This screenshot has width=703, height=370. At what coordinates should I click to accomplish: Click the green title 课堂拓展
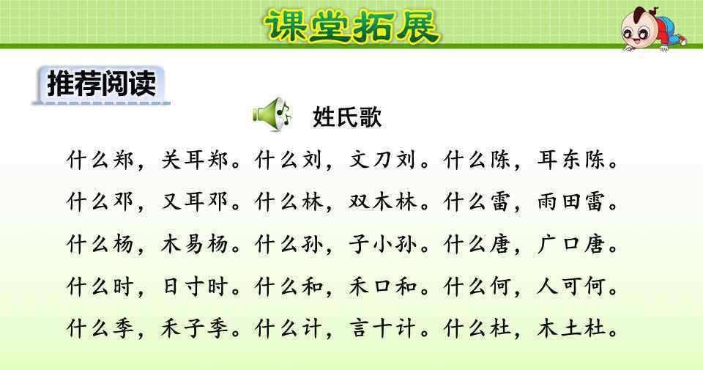click(x=352, y=26)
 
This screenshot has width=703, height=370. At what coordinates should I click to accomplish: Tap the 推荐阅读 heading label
click(x=101, y=84)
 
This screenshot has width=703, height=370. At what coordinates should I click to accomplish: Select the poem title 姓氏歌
click(x=347, y=117)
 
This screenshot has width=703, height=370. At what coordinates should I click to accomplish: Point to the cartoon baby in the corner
click(x=652, y=29)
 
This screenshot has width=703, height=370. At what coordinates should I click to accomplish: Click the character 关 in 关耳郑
click(x=171, y=160)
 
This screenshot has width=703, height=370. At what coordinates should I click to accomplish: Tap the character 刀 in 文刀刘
click(x=382, y=160)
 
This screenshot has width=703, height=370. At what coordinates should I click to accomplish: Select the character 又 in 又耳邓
click(x=171, y=201)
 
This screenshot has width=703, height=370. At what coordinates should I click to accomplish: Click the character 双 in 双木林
click(x=359, y=201)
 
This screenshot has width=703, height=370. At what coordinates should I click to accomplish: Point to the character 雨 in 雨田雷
click(x=548, y=201)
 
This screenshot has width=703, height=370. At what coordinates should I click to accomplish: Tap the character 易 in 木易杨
click(x=194, y=245)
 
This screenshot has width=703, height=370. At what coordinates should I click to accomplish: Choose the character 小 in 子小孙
click(x=382, y=245)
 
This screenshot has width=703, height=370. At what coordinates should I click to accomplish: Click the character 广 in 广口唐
click(x=548, y=245)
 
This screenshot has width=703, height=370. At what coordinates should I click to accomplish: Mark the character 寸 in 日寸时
click(x=194, y=286)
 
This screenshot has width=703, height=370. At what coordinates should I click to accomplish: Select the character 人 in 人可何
click(x=548, y=286)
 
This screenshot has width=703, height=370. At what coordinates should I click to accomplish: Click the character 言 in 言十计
click(x=359, y=329)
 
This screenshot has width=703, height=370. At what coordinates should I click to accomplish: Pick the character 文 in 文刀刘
click(x=359, y=160)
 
